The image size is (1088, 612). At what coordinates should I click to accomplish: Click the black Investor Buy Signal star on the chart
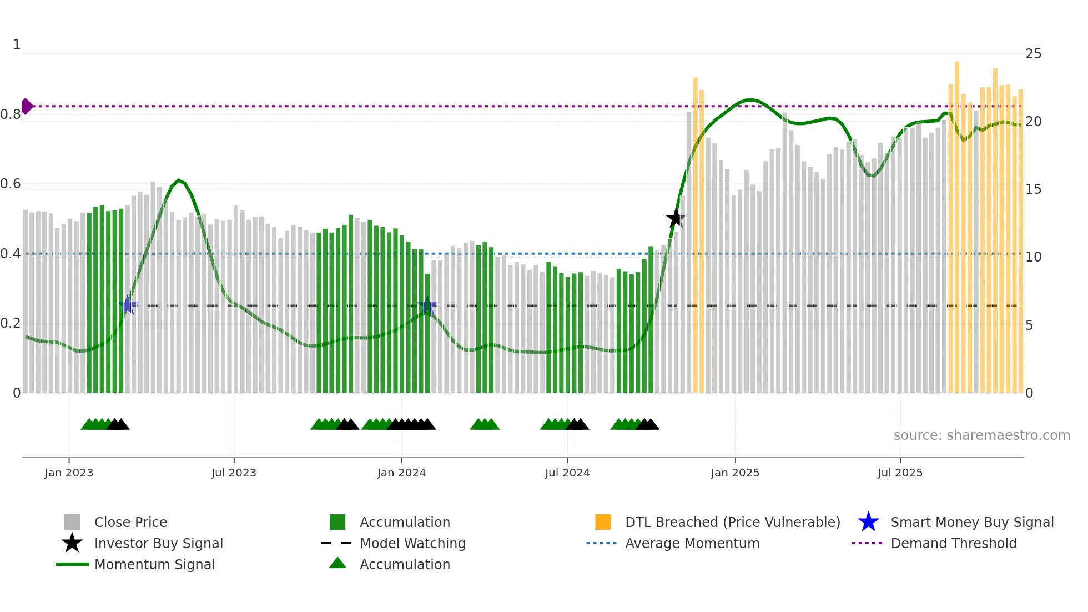(675, 219)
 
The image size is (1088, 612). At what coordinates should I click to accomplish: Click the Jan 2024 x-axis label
(401, 473)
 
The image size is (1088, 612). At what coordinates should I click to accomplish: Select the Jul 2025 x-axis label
(900, 473)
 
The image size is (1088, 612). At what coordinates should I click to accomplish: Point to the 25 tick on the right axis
(1033, 54)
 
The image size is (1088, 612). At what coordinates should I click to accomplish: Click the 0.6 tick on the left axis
(11, 184)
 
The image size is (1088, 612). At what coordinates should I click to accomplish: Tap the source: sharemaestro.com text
(981, 435)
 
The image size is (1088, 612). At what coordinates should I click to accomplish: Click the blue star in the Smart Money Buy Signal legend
(868, 523)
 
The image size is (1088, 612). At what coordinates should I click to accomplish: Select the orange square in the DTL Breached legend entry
(603, 522)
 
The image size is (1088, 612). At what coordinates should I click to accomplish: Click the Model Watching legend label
(412, 544)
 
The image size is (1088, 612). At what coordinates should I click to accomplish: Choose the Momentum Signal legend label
(154, 565)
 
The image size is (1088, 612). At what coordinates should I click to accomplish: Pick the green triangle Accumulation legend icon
(338, 564)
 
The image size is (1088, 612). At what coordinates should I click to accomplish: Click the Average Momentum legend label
(692, 544)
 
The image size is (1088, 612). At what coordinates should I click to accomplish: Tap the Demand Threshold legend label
(953, 544)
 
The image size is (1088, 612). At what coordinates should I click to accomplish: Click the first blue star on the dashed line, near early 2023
(128, 305)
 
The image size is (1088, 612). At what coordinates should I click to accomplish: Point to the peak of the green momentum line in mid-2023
(178, 180)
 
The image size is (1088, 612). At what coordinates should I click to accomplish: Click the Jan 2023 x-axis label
(69, 473)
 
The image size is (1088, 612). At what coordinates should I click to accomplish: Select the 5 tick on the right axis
(1029, 325)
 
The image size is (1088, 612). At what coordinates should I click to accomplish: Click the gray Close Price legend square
(72, 522)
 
